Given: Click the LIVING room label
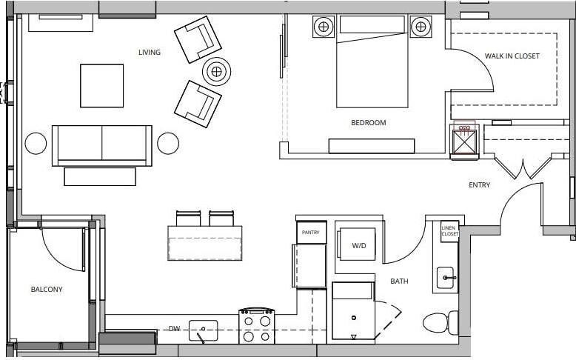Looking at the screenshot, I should pos(149,53).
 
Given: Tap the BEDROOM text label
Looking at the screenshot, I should pos(368,123).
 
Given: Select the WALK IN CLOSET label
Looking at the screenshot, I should pos(512,56).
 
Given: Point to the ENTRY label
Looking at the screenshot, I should pos(479,185).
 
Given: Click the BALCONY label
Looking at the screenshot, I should pos(47,290).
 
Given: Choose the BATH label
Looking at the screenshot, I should pos(399,281).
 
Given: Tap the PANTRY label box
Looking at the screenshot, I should pos(311,232).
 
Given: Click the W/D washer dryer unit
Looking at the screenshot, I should pos(358,244).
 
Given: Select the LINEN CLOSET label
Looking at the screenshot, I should pos(449,231).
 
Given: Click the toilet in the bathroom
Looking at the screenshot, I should pos(439,323).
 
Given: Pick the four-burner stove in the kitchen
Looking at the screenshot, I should pos(256,327).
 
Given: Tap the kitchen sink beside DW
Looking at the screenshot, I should pos(203,330).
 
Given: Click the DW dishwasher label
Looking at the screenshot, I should pos(174,328).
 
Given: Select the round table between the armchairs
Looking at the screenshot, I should pos(216,72).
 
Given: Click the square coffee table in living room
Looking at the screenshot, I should pos(101,85).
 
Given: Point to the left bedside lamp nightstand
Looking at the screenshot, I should pos(324,27).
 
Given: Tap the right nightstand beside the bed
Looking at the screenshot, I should pos(421,27).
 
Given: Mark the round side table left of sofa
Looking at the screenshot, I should pos(36,143).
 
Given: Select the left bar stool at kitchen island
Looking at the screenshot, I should pos(188,219).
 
